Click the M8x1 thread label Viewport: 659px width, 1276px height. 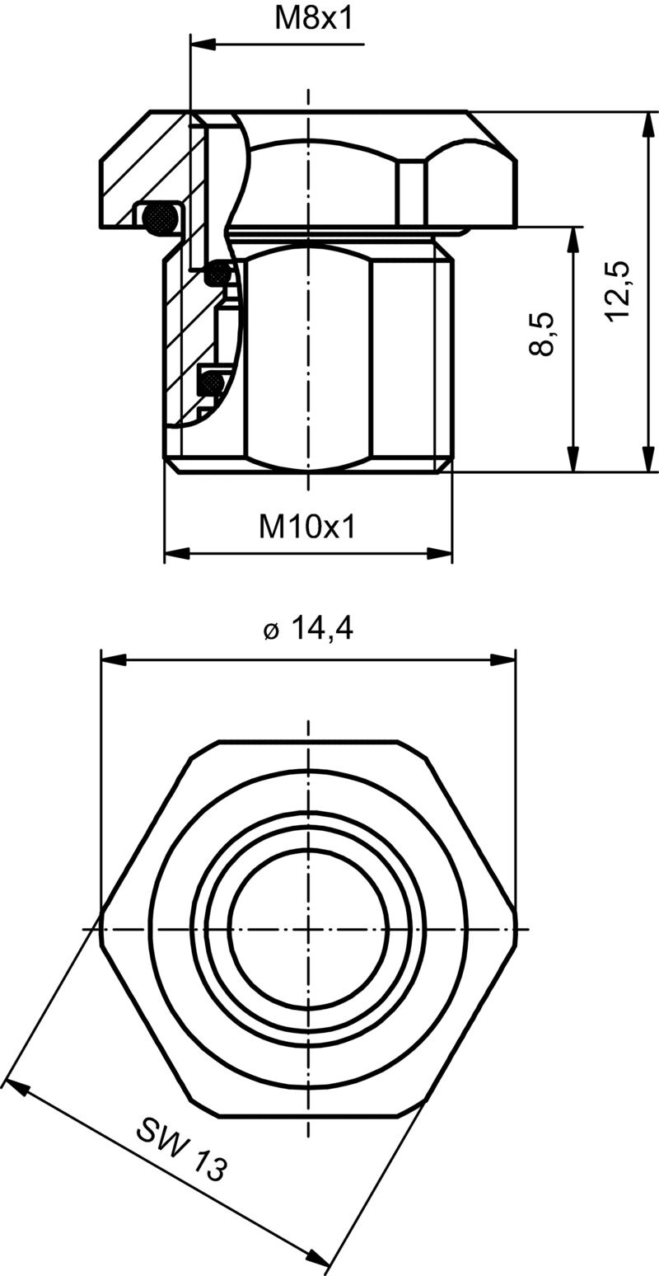[x=313, y=18]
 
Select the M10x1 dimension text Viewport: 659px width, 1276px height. [x=307, y=526]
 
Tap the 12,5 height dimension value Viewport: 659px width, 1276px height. [x=617, y=292]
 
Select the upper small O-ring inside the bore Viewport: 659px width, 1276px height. [x=219, y=272]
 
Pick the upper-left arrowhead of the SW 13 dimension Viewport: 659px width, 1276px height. [x=16, y=1086]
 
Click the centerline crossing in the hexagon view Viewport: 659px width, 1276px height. [x=308, y=930]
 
